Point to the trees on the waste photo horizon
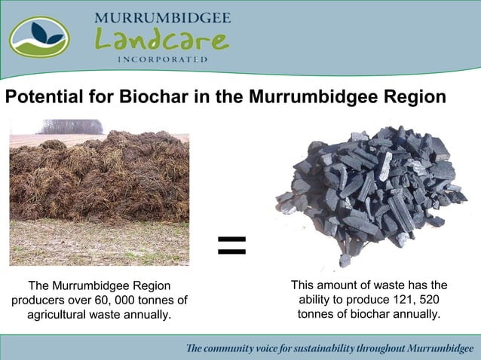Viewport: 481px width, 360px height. [72, 127]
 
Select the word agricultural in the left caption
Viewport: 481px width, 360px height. [63, 314]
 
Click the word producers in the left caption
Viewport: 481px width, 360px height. [38, 300]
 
